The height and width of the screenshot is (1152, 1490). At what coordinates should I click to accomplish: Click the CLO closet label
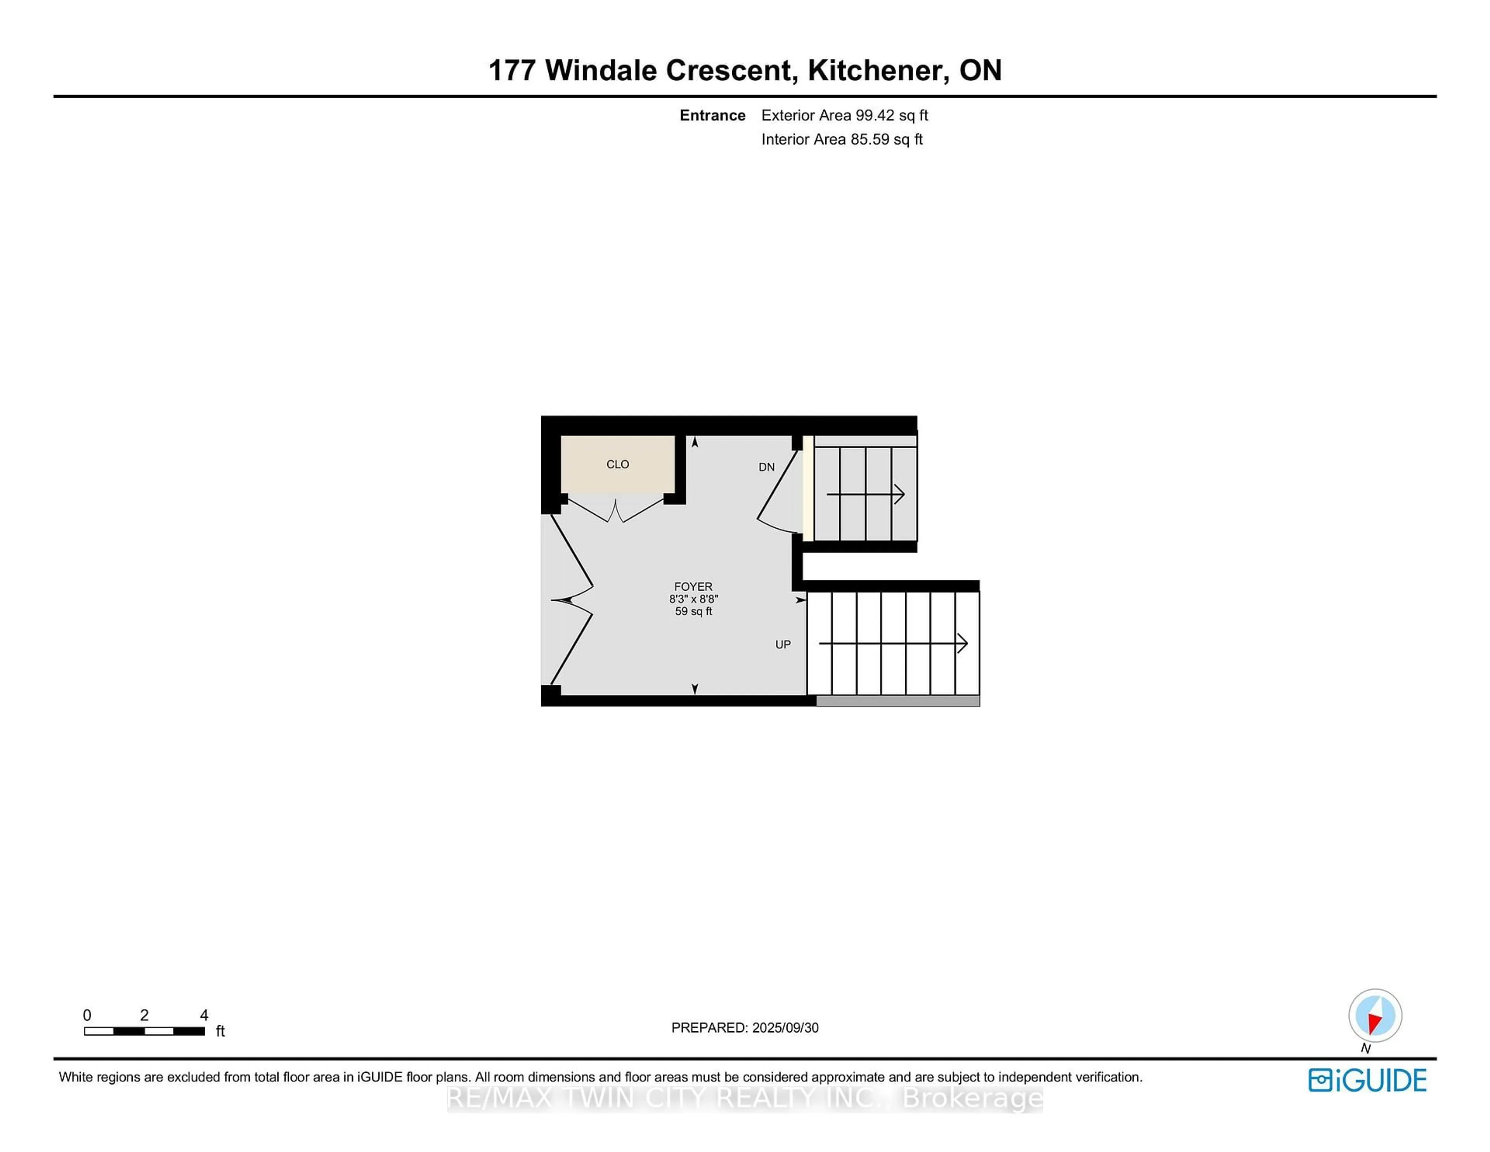click(x=617, y=464)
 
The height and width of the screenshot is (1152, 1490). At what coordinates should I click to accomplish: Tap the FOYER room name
click(x=693, y=586)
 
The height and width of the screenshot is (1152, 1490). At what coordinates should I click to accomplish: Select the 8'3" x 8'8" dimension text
click(x=693, y=599)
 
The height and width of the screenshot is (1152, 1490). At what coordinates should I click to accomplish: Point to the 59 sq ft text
click(x=693, y=611)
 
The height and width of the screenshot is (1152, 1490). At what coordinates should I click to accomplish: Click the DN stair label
click(x=766, y=467)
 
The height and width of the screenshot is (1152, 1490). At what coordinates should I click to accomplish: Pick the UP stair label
click(x=783, y=644)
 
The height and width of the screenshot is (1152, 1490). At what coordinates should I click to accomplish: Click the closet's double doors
click(x=616, y=510)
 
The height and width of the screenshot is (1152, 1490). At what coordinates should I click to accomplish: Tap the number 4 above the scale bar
click(x=204, y=1015)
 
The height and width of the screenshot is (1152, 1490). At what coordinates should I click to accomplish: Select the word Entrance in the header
click(x=712, y=115)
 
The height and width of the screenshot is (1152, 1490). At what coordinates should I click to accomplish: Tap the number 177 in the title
click(x=512, y=70)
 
